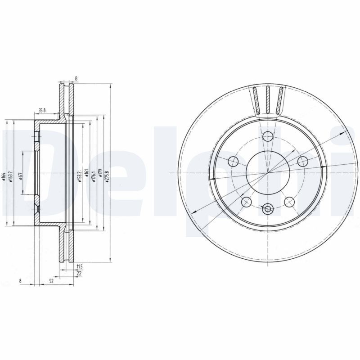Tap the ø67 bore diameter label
click(x=21, y=177)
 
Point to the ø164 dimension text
click(x=4, y=176)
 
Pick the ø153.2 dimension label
click(x=78, y=174)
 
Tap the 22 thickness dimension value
click(x=79, y=274)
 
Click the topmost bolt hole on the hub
click(x=269, y=136)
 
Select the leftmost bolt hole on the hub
click(x=234, y=161)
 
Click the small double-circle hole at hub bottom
click(x=269, y=208)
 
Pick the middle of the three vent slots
click(x=268, y=100)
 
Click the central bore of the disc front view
click(x=268, y=173)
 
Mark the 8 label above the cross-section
click(x=76, y=78)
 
